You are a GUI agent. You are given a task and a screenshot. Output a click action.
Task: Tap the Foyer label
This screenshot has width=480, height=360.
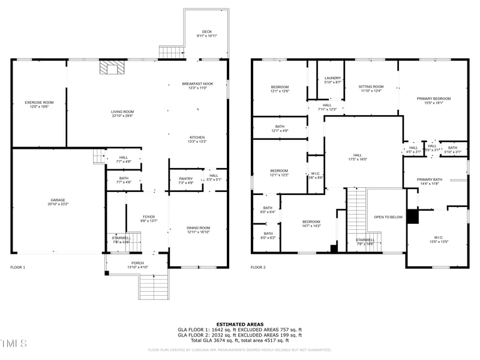(148, 219)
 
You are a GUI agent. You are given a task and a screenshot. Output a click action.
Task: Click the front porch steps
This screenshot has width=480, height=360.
(154, 286)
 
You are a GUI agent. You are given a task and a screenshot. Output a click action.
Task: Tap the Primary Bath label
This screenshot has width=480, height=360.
(430, 181)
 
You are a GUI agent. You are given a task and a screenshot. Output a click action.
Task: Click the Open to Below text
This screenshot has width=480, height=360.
(388, 217)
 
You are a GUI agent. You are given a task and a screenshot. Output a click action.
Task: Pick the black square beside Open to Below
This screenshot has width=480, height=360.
(412, 217)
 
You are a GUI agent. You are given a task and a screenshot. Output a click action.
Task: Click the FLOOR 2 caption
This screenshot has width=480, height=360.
(258, 267)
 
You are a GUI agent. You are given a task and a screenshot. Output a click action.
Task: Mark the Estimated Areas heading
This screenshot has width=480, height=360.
(240, 324)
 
